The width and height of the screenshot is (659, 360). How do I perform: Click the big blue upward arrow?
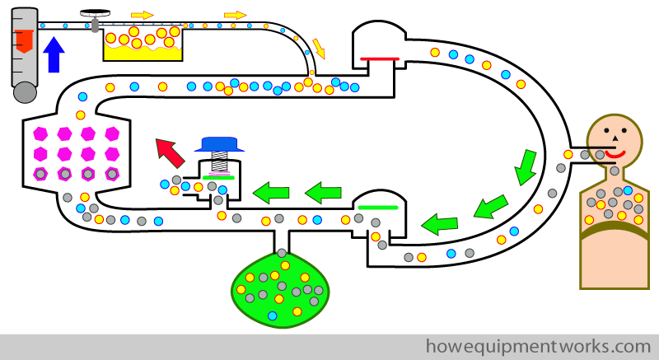[x=54, y=54]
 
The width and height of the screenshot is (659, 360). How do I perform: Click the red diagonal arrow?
[x=170, y=153]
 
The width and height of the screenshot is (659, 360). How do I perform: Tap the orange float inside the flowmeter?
[x=24, y=41]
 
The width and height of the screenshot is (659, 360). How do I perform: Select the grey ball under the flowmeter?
[x=26, y=92]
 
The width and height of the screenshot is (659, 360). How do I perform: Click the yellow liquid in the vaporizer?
[x=143, y=53]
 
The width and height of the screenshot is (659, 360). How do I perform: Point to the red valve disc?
[x=380, y=58]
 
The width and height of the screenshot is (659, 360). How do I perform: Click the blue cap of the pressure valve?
[x=219, y=144]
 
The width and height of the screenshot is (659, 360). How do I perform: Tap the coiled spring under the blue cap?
[x=219, y=161]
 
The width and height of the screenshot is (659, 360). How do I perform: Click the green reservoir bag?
[x=280, y=290]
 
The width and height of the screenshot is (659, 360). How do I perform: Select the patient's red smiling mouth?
[x=615, y=155]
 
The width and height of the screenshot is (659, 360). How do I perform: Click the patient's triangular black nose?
[x=615, y=138]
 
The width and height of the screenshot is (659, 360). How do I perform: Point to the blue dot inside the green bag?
[x=273, y=316]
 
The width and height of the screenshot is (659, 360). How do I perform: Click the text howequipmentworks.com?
[x=539, y=347]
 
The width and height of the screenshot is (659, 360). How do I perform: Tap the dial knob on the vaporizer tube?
[x=96, y=12]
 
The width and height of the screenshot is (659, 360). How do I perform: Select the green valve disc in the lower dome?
[x=378, y=207]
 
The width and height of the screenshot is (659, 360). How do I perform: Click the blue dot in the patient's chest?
[x=628, y=190]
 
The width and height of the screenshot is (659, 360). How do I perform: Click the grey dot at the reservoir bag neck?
[x=282, y=253]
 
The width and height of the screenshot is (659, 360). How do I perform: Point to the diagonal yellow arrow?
[x=319, y=49]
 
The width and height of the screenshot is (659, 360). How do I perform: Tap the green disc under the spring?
[x=218, y=178]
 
